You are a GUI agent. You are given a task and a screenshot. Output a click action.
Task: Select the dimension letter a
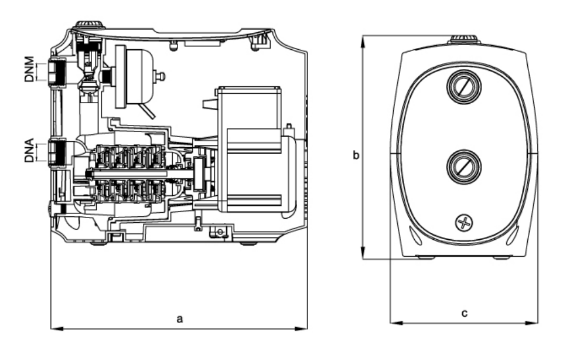tap(180, 318)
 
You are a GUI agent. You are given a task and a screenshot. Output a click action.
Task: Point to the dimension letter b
tap(355, 155)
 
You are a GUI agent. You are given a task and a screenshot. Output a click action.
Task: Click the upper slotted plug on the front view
tap(463, 87)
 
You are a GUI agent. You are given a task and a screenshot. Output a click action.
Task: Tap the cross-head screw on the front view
tap(464, 223)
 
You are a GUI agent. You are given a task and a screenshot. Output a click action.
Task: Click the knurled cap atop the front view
tap(465, 40)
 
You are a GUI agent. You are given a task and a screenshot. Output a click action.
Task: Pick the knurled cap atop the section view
tap(88, 26)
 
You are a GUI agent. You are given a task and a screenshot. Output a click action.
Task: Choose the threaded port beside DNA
tap(56, 153)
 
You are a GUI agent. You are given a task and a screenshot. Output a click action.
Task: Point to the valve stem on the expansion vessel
tap(159, 76)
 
